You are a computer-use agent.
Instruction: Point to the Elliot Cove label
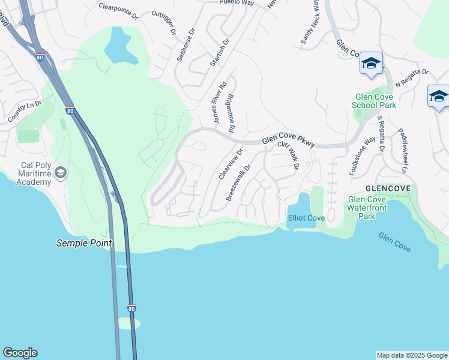[307, 218]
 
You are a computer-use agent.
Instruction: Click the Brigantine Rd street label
[231, 113]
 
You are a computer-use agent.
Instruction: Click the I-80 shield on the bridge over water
[131, 308]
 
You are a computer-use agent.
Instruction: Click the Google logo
[20, 353]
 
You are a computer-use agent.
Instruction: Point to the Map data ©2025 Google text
[412, 355]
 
